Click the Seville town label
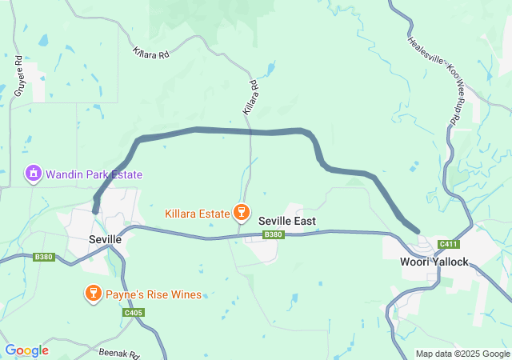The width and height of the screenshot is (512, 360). coord(105,239)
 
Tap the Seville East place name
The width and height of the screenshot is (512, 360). coord(286,221)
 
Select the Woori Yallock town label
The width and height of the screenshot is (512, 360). coord(434,262)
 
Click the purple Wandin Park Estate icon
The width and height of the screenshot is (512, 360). coord(33,174)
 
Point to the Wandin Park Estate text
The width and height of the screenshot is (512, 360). coord(94,174)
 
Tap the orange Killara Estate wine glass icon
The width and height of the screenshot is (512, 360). coord(239,213)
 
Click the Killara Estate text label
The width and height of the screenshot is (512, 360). coord(196,214)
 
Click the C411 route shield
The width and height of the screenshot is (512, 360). coord(448,243)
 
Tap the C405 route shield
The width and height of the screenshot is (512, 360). coord(134,312)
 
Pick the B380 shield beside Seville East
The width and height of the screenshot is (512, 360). coord(273,234)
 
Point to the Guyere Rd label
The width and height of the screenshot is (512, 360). coord(18,77)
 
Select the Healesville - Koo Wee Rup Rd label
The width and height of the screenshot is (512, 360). coord(431,80)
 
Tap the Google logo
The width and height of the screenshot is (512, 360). coord(26,350)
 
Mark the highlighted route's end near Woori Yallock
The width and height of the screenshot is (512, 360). coord(418,231)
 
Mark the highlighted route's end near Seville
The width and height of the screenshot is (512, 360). coord(95,211)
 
